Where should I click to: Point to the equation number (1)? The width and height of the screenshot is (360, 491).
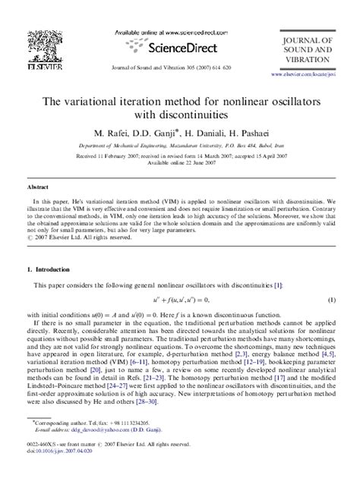(332, 302)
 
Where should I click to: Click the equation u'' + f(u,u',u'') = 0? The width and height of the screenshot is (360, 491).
(179, 302)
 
